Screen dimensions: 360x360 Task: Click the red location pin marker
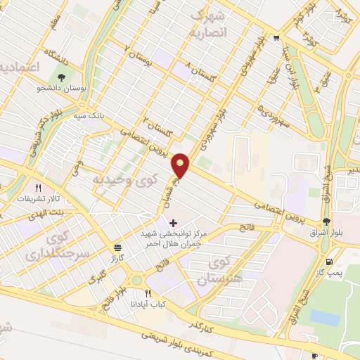coord(181,165)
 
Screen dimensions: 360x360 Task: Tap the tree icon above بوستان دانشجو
coord(62,78)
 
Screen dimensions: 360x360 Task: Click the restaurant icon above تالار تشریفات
coord(39,188)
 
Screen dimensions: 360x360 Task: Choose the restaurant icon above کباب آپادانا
coord(147,293)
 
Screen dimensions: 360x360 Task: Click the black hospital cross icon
coord(173,222)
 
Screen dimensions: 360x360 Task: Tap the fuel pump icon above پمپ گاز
coord(330,260)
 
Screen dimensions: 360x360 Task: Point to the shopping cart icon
coord(276,39)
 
